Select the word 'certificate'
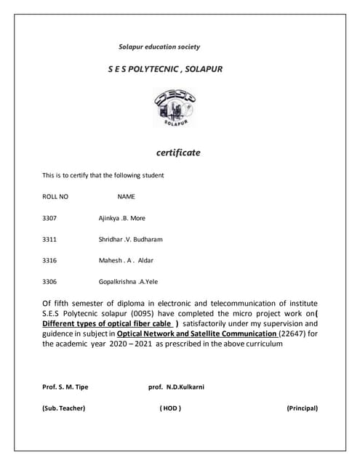[178, 153]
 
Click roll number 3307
[50, 217]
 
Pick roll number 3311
[50, 238]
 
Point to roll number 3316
[50, 259]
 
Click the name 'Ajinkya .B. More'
[122, 217]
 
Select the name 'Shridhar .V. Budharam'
[130, 238]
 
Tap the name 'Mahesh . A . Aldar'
[126, 259]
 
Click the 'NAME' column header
[127, 196]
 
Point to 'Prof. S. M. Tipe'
[65, 387]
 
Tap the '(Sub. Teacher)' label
[64, 408]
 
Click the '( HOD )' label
[170, 408]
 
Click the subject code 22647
[292, 333]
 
